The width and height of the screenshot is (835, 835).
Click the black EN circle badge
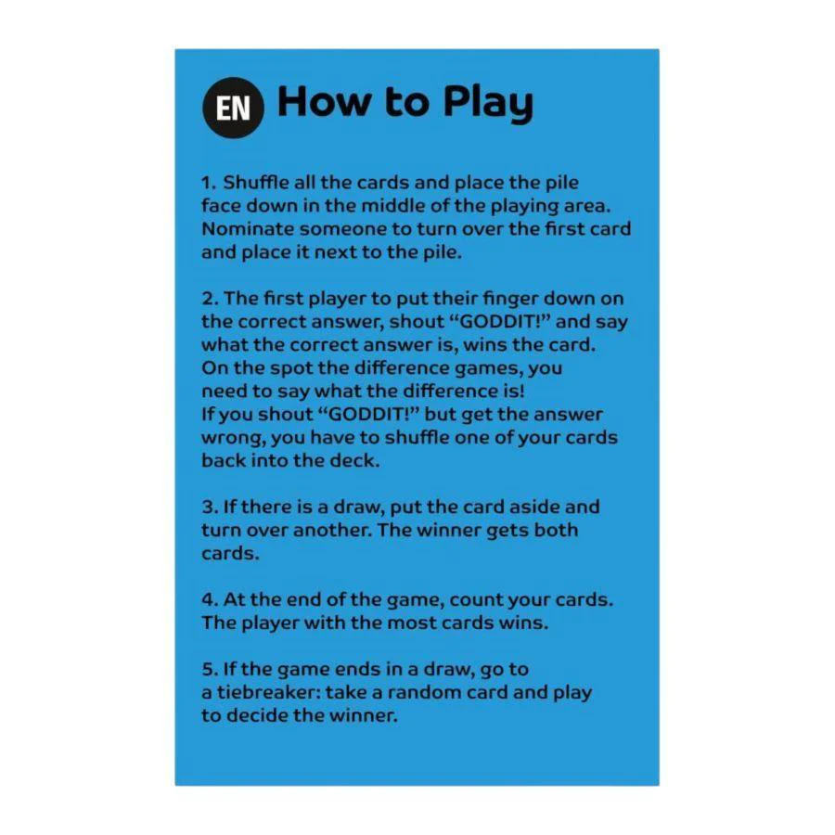pyautogui.click(x=233, y=108)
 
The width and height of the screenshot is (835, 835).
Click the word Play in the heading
pyautogui.click(x=487, y=103)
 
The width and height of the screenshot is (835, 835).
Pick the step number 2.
pyautogui.click(x=210, y=299)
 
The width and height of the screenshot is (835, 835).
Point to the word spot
pyautogui.click(x=290, y=368)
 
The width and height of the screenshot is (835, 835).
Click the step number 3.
pyautogui.click(x=210, y=507)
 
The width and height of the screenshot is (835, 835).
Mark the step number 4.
pyautogui.click(x=210, y=599)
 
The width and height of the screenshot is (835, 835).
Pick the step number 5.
pyautogui.click(x=210, y=669)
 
